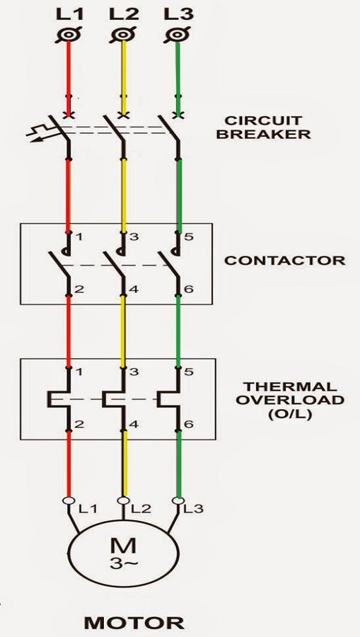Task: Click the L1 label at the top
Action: (69, 15)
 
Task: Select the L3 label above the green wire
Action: (178, 15)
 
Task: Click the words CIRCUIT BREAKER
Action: (263, 127)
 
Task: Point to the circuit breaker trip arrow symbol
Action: (40, 134)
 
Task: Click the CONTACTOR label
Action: (285, 260)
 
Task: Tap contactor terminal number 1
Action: (79, 237)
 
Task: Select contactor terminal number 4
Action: (134, 289)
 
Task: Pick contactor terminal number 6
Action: (189, 289)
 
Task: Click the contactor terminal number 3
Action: (134, 237)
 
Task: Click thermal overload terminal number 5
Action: (189, 372)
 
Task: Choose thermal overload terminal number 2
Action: (79, 425)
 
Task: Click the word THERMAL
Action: (290, 386)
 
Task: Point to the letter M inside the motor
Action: (123, 546)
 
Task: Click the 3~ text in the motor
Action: (123, 564)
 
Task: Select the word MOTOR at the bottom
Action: (134, 623)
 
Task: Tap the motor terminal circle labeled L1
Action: (68, 500)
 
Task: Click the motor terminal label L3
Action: (194, 509)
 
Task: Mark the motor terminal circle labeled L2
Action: (123, 500)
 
